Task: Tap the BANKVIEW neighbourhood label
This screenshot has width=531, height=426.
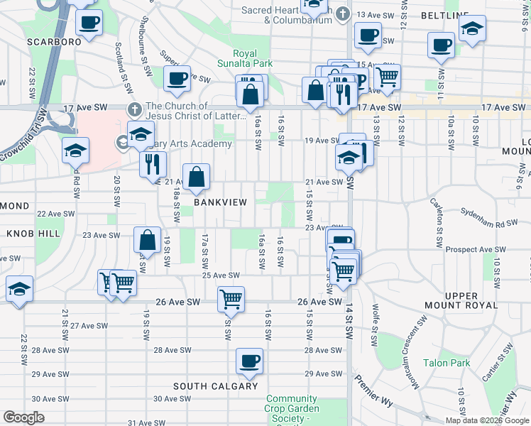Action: tap(221, 202)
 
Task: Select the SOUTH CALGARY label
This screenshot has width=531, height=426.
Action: tap(216, 386)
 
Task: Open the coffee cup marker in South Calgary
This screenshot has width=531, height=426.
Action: tap(250, 361)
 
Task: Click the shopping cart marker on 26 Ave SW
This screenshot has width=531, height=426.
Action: tap(231, 299)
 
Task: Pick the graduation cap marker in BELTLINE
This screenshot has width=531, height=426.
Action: tap(471, 30)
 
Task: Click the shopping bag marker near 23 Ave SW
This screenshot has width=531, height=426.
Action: tap(147, 240)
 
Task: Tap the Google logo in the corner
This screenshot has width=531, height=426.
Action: tap(24, 417)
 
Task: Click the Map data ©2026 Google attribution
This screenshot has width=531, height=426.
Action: tap(486, 420)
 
